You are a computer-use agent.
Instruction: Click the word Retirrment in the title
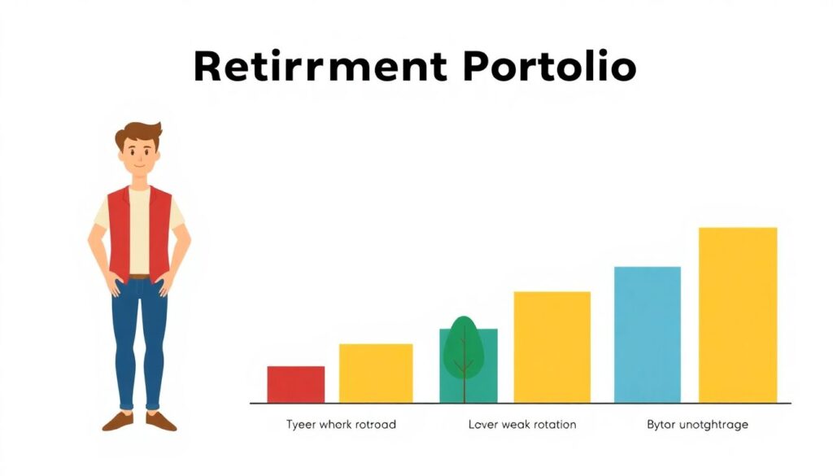point(320,67)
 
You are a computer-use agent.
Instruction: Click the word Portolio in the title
point(549,67)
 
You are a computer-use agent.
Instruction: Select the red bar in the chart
point(296,384)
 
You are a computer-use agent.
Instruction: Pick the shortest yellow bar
point(376,373)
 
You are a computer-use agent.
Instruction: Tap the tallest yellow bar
point(738,315)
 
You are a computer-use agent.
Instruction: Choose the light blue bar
point(647,334)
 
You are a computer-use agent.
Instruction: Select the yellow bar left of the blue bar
point(552,347)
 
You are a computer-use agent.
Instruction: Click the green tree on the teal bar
point(464,348)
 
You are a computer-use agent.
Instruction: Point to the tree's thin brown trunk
point(464,367)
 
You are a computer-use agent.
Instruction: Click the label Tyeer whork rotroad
point(341,425)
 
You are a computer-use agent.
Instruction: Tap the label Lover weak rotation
point(522,425)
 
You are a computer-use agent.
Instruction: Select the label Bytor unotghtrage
point(697,425)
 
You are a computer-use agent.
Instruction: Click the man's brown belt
point(139,277)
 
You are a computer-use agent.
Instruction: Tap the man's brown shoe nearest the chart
point(160,421)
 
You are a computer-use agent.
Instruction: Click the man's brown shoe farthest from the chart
point(118,421)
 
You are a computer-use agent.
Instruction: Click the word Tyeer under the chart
point(301,426)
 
